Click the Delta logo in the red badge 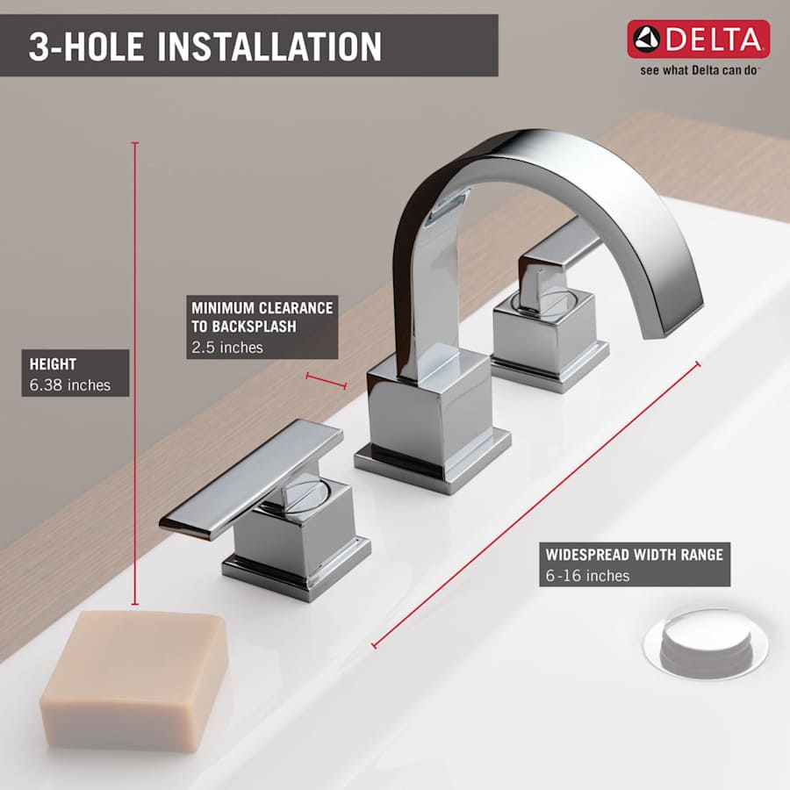click(698, 39)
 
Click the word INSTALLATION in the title click(269, 47)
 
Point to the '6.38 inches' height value click(70, 384)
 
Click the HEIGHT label click(53, 364)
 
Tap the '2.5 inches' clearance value click(227, 347)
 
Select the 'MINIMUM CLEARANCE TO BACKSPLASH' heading click(262, 317)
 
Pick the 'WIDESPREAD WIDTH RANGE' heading click(634, 555)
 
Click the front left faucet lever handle click(250, 478)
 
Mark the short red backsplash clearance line click(326, 380)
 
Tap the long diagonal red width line click(535, 505)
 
